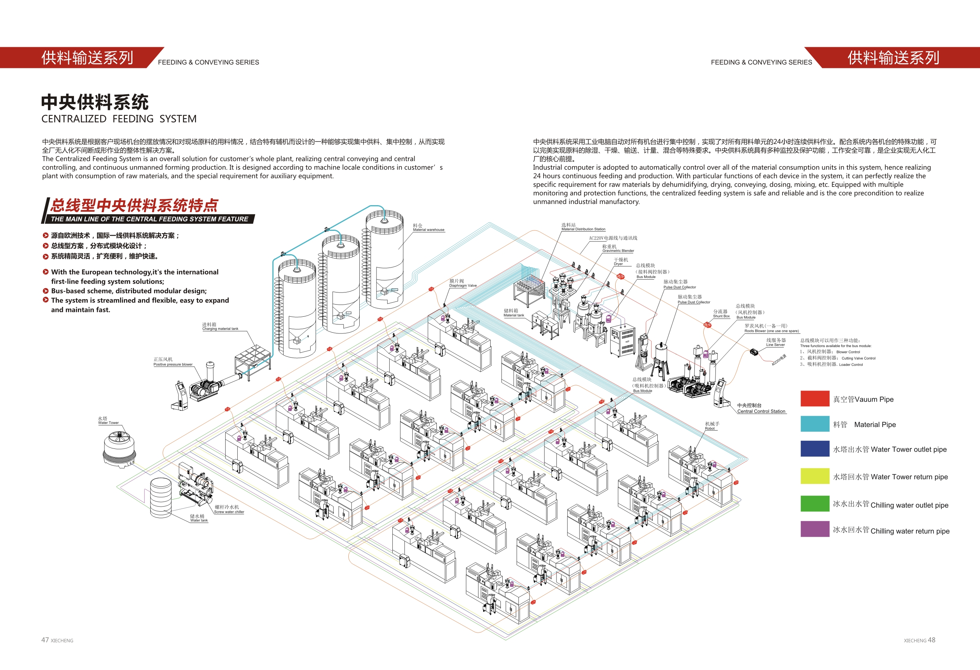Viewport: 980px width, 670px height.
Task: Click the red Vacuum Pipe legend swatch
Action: click(815, 398)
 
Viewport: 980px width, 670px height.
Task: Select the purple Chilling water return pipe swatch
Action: click(815, 529)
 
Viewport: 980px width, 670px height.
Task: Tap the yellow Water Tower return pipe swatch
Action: click(815, 476)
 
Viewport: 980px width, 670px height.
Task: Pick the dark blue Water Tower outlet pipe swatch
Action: click(815, 448)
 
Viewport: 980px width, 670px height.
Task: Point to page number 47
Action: click(45, 640)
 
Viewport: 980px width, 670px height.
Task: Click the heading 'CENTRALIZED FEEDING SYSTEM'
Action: click(119, 119)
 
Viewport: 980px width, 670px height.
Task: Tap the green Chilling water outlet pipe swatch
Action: click(815, 503)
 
